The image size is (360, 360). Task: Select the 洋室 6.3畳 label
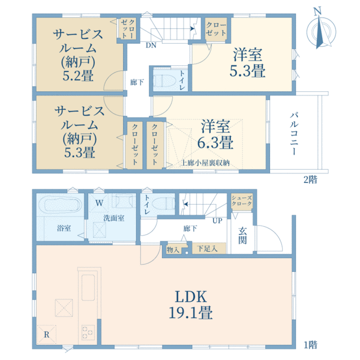(x=217, y=134)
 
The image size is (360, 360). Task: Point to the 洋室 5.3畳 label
(x=249, y=62)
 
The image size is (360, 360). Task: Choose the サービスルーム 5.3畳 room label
(x=76, y=132)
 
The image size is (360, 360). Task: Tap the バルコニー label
(x=295, y=134)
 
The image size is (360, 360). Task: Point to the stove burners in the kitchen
(x=88, y=331)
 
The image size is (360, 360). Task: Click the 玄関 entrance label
(x=243, y=235)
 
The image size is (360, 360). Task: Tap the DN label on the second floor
(x=151, y=44)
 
